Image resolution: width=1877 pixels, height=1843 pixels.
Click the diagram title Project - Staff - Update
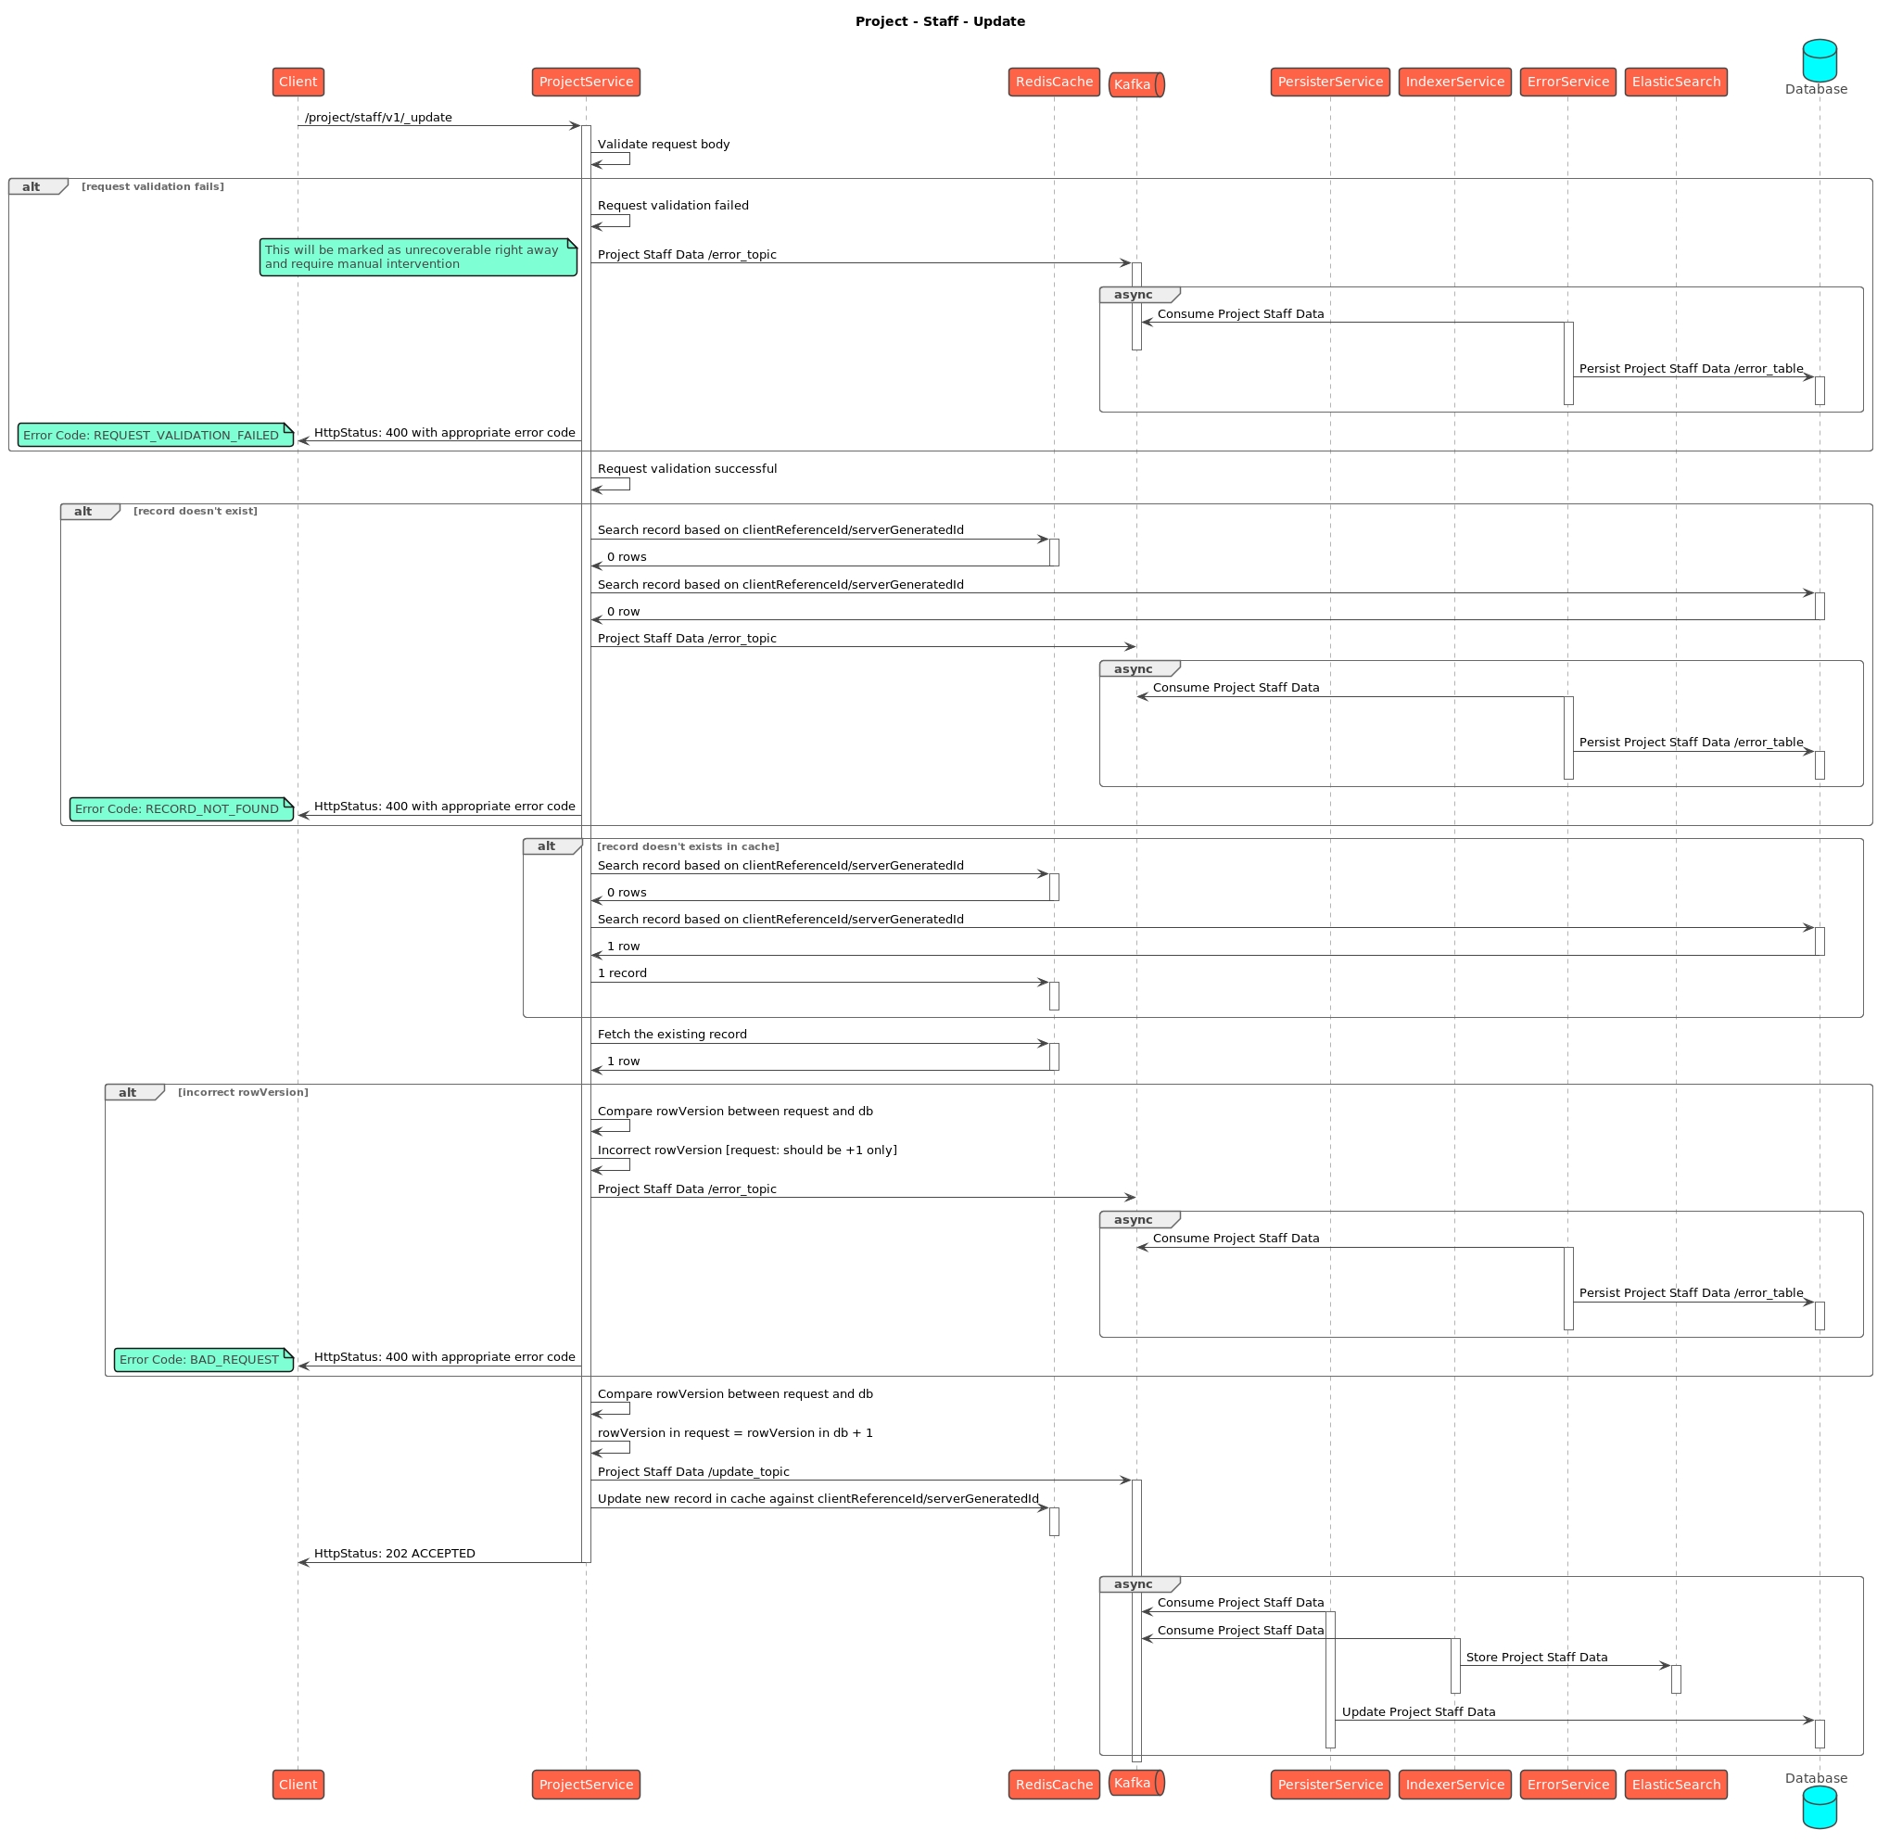tap(939, 21)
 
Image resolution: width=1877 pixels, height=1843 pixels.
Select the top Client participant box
tap(298, 83)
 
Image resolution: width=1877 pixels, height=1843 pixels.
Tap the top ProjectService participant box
tap(586, 83)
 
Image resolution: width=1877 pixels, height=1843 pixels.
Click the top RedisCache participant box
tap(1053, 83)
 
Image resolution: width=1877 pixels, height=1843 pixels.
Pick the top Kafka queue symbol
tap(1135, 85)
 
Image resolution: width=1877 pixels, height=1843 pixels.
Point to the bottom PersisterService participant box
tap(1329, 1784)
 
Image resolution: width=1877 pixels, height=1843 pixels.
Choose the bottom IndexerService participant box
tap(1454, 1784)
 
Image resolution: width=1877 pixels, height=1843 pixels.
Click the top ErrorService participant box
tap(1567, 83)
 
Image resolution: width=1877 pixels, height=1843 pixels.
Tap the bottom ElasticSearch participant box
tap(1676, 1784)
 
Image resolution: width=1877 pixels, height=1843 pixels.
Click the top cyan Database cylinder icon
tap(1819, 60)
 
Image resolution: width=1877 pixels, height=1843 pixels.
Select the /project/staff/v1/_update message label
tap(378, 118)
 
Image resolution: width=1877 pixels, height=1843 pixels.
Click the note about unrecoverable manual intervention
tap(417, 258)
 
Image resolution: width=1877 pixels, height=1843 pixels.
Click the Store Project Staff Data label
tap(1536, 1658)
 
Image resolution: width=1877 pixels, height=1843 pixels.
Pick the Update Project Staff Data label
tap(1418, 1712)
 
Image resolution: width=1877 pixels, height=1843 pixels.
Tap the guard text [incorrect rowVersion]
tap(243, 1093)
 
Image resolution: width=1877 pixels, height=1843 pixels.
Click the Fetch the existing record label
tap(672, 1035)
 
